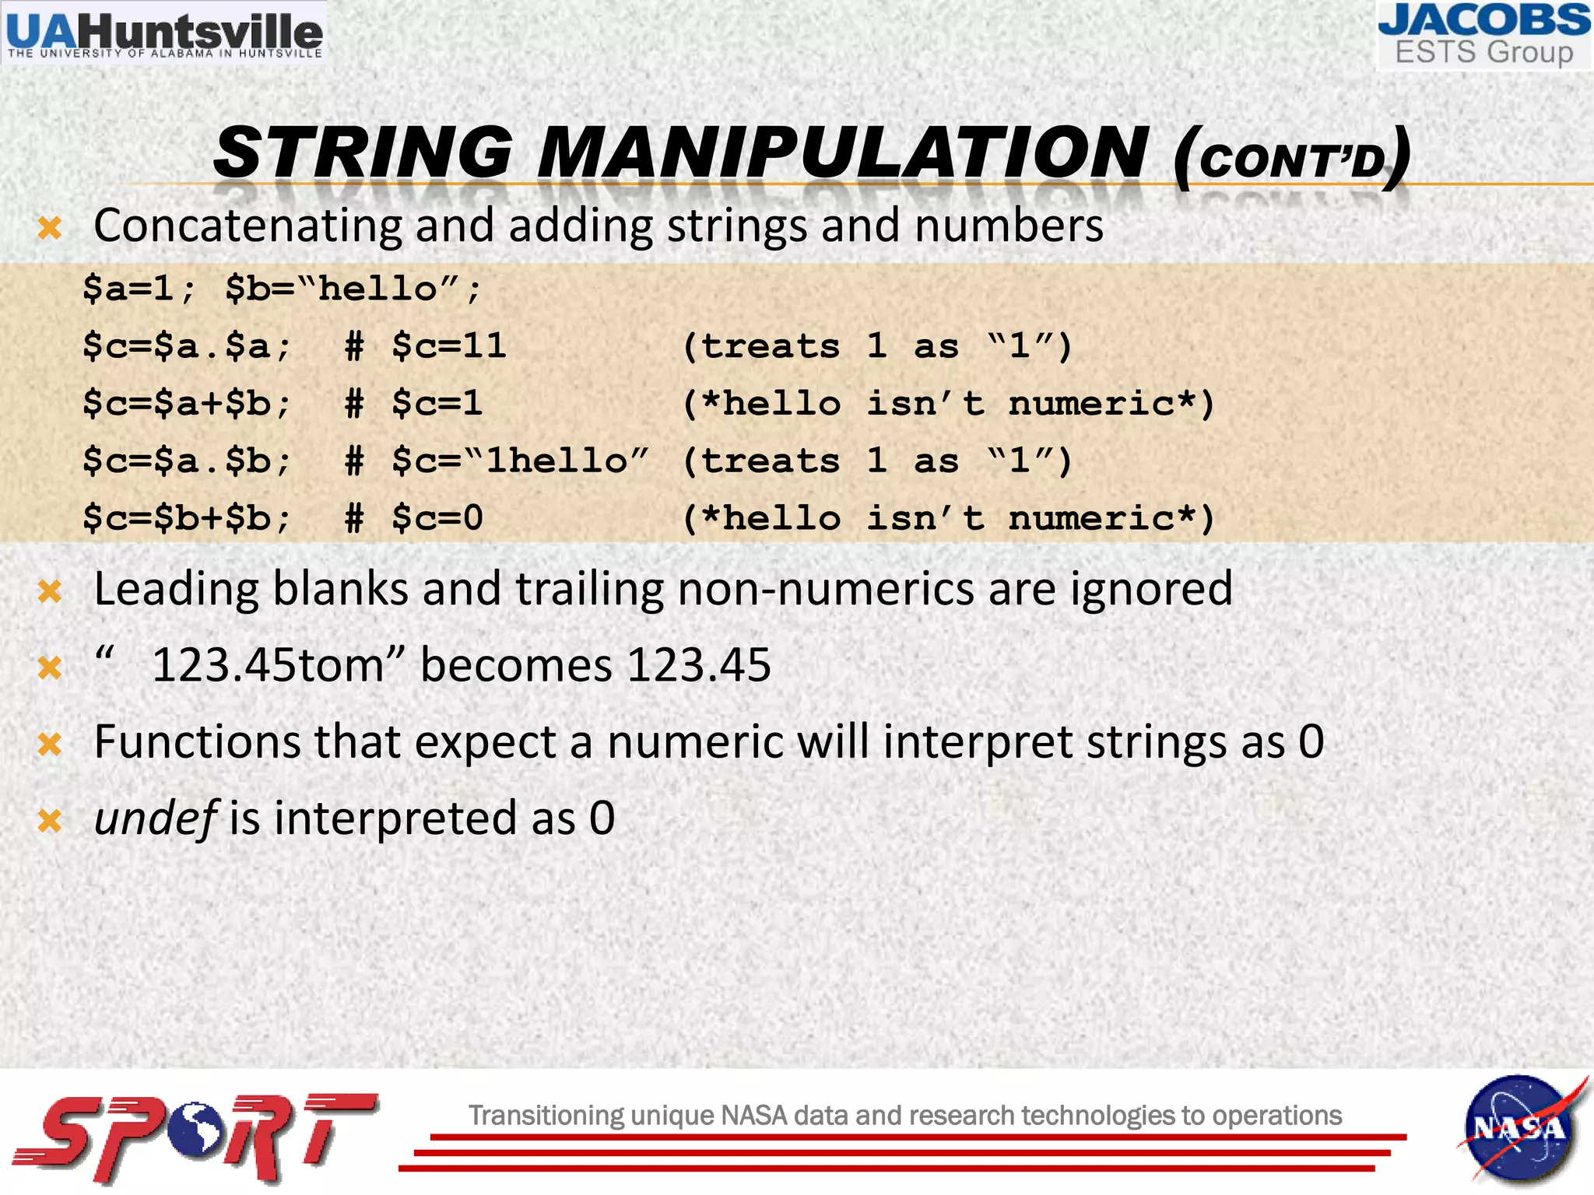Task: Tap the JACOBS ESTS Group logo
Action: click(1483, 36)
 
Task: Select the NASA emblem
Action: click(1520, 1129)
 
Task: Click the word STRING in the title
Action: click(363, 152)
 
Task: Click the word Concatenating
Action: click(247, 226)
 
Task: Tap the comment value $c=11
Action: click(449, 346)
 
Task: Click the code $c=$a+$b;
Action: click(187, 404)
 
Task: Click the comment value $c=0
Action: click(437, 519)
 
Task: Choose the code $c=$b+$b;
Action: click(187, 519)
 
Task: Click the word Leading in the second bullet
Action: click(176, 590)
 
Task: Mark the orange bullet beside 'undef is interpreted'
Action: click(50, 821)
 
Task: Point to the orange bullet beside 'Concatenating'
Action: click(50, 229)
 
